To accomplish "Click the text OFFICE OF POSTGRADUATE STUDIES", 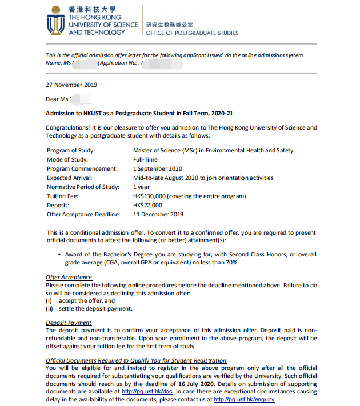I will coord(192,33).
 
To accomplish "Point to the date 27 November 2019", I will coord(71,85).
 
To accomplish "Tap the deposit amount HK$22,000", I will coord(147,205).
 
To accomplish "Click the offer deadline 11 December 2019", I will coord(158,214).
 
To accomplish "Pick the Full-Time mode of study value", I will coord(145,159).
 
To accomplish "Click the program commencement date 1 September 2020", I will coord(158,168).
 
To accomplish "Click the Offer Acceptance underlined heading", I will coord(69,277).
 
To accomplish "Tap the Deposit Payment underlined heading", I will coord(69,323).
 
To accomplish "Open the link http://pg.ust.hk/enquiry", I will coord(245,400).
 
